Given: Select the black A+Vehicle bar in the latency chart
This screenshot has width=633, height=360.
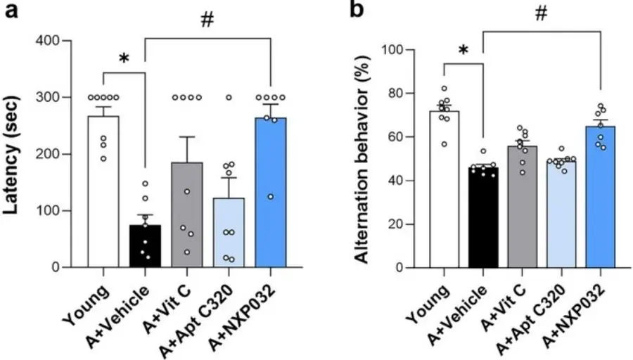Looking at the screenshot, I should pyautogui.click(x=145, y=246).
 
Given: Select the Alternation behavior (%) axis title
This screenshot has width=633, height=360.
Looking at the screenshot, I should pyautogui.click(x=362, y=153).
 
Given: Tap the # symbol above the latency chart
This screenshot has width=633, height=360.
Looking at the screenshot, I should pyautogui.click(x=207, y=22).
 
